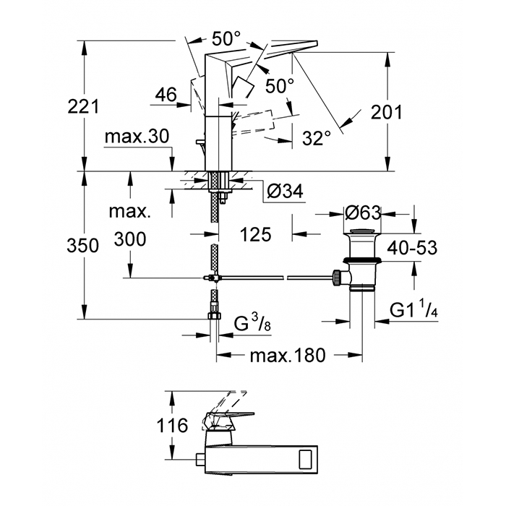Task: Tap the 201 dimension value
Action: tap(385, 112)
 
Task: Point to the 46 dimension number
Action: tap(166, 94)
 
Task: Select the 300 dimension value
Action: tap(130, 239)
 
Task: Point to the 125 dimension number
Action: tap(256, 234)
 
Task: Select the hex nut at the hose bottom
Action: tap(214, 315)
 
